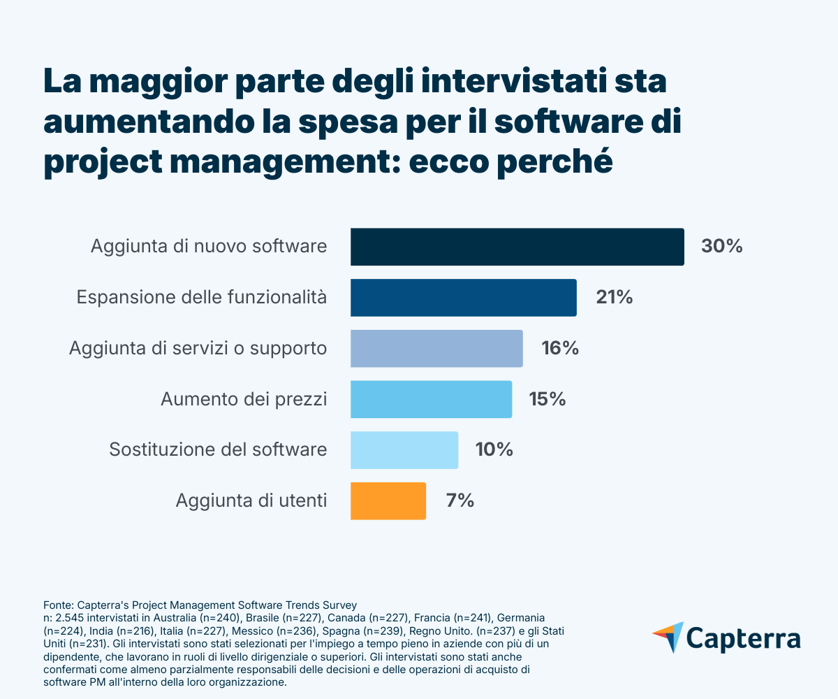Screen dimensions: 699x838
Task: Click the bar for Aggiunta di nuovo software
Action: (517, 247)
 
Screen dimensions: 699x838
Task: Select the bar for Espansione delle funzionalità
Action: (463, 298)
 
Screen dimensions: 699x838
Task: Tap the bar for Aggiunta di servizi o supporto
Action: (436, 348)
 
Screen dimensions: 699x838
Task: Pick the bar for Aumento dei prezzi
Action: (431, 399)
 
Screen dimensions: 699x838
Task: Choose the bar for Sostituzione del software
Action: (404, 450)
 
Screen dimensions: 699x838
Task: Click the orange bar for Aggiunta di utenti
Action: (388, 500)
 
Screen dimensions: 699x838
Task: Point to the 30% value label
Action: (721, 247)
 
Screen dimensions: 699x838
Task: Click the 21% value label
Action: (615, 298)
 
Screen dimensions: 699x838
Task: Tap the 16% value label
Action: (560, 348)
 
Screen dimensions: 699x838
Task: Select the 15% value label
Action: (547, 399)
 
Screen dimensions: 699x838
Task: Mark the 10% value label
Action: (494, 450)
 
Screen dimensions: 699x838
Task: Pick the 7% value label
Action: (460, 500)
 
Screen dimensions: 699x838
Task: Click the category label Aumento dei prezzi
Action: (244, 399)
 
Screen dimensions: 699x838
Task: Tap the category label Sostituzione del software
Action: (218, 449)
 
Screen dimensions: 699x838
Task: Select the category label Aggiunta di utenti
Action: (251, 500)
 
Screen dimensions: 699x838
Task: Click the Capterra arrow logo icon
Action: (668, 637)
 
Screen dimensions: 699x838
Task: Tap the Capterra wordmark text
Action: (743, 639)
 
